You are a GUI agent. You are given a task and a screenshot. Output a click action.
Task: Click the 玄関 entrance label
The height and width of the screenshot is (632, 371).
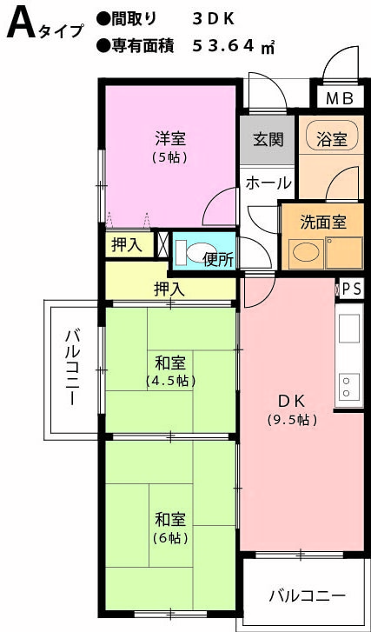point(268,139)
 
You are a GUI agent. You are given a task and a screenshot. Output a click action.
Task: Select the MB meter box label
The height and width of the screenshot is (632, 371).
point(340,98)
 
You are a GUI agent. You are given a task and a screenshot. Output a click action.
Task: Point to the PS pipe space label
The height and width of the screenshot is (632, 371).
point(352,289)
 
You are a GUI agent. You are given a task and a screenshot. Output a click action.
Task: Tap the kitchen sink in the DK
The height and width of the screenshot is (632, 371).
point(349,328)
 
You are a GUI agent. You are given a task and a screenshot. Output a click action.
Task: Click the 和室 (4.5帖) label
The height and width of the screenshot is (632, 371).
point(171,371)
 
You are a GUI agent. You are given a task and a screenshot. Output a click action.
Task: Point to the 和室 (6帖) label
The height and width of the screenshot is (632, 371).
point(170,528)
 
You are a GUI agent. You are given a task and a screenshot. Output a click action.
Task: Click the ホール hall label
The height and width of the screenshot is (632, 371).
point(268,183)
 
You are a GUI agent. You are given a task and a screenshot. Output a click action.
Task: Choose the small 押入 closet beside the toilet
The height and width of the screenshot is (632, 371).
point(129,245)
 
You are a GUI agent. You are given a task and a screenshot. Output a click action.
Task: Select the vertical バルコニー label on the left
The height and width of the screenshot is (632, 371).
point(73,367)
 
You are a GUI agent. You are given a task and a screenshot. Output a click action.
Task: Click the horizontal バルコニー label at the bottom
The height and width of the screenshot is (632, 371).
point(308,595)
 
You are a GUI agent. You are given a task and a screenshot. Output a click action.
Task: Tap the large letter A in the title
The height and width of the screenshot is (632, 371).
point(21,24)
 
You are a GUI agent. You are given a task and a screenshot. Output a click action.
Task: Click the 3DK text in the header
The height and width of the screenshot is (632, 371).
point(213,19)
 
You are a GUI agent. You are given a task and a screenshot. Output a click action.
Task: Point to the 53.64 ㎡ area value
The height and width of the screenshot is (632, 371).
point(233,47)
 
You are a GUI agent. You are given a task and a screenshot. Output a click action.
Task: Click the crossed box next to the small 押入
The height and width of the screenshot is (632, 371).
point(162,243)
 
